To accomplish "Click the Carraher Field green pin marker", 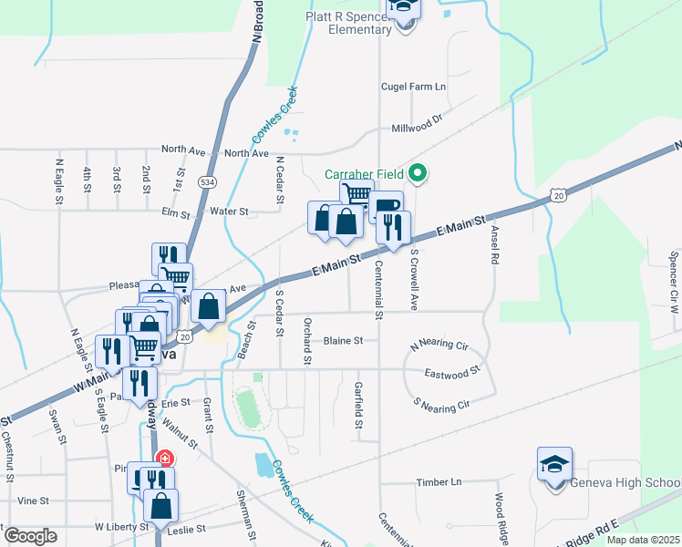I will tap(418, 171).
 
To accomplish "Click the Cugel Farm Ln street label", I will tap(413, 87).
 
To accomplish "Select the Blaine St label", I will tap(344, 341).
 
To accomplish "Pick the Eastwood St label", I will tap(451, 373).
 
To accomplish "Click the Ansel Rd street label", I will tap(495, 246).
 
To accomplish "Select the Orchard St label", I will tap(308, 341).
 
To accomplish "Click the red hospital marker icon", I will tap(165, 459).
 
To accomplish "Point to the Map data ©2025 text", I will tap(641, 540).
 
